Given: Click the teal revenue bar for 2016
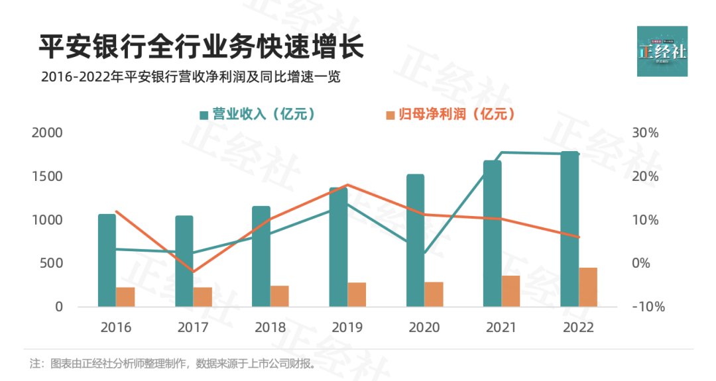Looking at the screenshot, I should coord(107,260).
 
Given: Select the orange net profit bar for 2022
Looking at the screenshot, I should coord(588,287).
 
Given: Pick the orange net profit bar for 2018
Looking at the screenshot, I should coord(280,296).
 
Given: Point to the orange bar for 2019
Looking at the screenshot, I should coord(357,294).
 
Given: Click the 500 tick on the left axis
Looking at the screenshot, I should coord(51,263).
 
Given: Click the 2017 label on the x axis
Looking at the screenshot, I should coord(193,327).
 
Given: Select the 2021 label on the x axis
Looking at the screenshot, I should coord(501,327).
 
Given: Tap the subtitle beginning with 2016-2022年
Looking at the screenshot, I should coord(190,77).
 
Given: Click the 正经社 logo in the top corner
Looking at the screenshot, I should coord(662,51).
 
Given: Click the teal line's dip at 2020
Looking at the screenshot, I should coord(424,254).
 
